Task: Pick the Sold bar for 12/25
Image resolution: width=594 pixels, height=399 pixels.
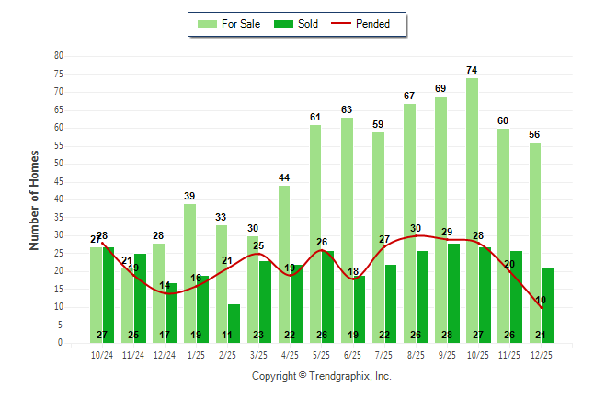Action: tap(546, 294)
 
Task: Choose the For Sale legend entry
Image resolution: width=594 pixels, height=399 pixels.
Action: tap(231, 24)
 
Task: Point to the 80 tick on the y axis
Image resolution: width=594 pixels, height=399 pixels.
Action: tap(58, 55)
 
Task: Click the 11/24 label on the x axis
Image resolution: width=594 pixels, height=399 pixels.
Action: tap(134, 355)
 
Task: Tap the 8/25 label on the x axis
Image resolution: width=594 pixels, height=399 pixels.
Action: tap(416, 355)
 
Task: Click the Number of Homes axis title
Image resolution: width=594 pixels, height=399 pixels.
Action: tap(35, 199)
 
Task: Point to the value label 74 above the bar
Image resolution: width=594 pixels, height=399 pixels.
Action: tap(472, 70)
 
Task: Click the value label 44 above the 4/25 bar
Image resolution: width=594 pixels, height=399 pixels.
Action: tap(284, 177)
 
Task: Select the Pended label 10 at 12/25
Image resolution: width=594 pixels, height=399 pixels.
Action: tap(541, 300)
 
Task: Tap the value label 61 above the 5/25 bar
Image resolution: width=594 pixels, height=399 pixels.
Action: tap(315, 117)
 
